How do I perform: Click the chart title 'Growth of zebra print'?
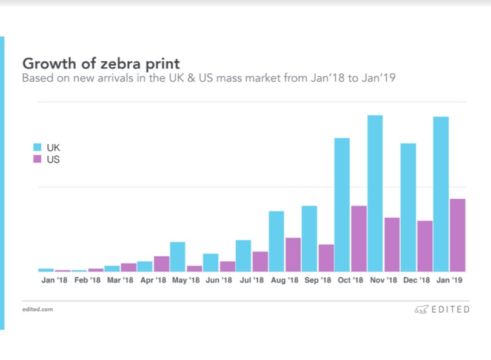click(101, 63)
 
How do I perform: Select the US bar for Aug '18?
click(293, 255)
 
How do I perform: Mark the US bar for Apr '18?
click(161, 264)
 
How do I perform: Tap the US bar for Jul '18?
click(260, 261)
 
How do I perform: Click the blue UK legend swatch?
click(36, 147)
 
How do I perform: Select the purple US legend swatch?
click(36, 159)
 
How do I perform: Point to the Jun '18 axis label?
click(219, 281)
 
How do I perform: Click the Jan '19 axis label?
click(449, 281)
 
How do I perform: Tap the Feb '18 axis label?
click(87, 281)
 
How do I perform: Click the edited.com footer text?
click(38, 309)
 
